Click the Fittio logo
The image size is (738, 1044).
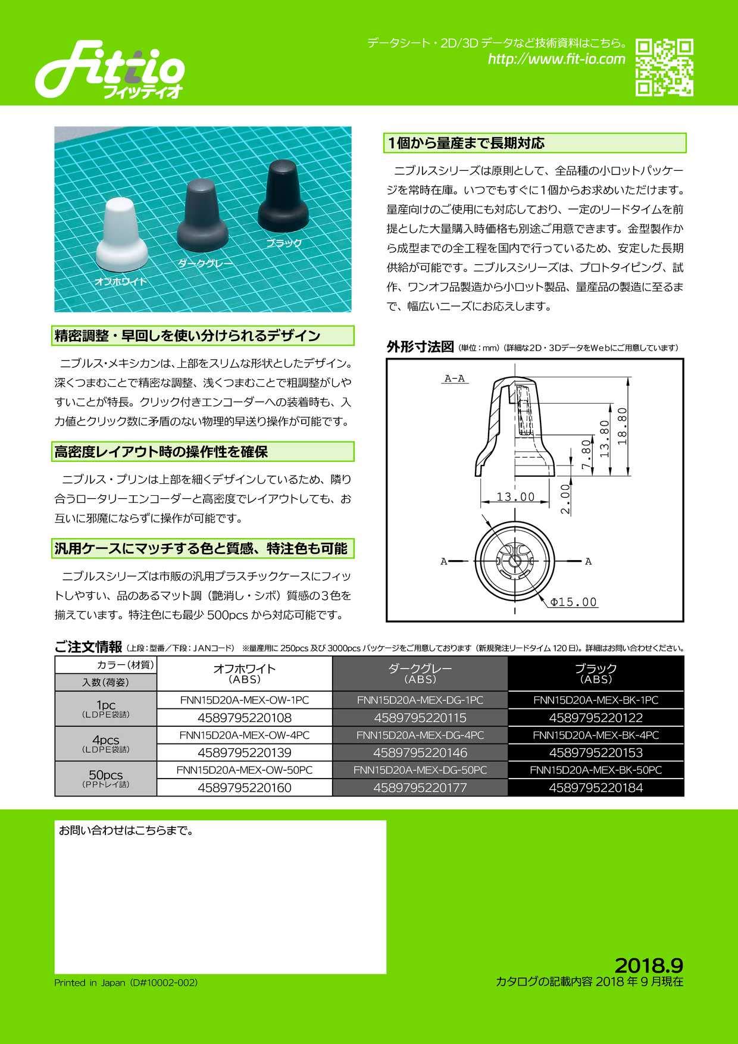tap(110, 70)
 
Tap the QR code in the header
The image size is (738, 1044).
tap(664, 67)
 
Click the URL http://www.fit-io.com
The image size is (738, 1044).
tap(556, 59)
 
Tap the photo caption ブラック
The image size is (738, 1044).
tap(284, 243)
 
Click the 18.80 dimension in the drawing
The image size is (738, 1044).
tap(623, 426)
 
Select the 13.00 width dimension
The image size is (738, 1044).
tap(515, 496)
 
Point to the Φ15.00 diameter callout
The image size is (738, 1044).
tap(573, 602)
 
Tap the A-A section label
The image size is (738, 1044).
tap(455, 379)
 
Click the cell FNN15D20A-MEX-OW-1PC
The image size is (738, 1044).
tap(245, 700)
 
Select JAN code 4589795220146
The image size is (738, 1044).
tap(420, 752)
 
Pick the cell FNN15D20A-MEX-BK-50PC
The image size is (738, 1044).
tap(596, 770)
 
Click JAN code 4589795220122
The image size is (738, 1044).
tap(596, 718)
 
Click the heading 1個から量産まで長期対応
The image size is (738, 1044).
tap(466, 143)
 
